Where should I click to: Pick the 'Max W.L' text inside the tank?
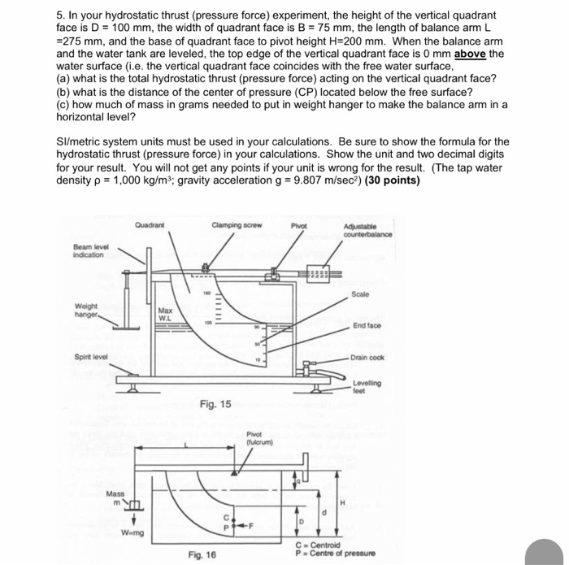[165, 314]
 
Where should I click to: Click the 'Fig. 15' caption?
[215, 403]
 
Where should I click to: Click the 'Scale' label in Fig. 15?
[361, 293]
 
